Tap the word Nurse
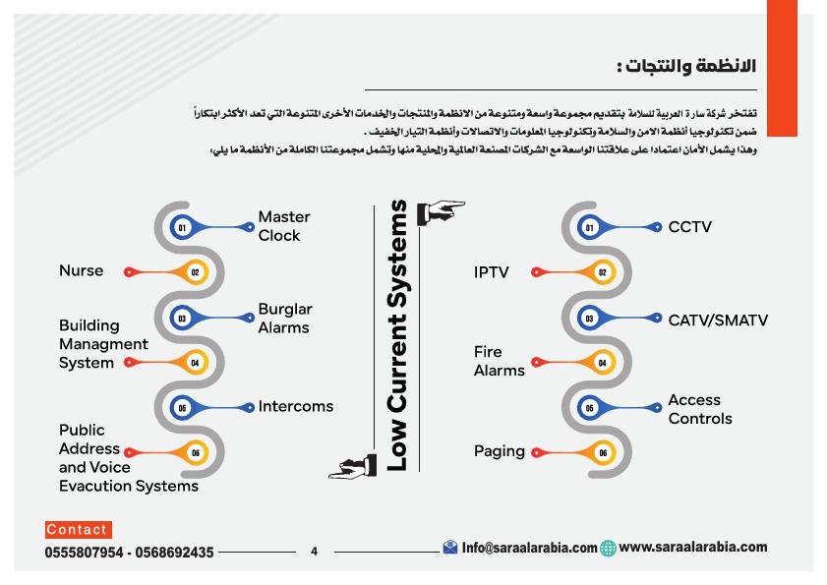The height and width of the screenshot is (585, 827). click(81, 271)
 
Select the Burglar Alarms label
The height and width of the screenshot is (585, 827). click(284, 319)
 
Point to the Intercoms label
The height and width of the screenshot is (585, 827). click(296, 406)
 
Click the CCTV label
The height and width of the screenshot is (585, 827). click(689, 227)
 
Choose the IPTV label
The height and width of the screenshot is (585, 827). click(491, 272)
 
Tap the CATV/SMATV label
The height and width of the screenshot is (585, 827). click(718, 320)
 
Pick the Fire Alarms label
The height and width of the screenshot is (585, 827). click(499, 361)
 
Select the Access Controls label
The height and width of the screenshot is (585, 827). click(700, 409)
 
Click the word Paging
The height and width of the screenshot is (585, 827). click(499, 451)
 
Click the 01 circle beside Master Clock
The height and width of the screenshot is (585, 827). click(182, 227)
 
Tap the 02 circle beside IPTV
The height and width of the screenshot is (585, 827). click(602, 272)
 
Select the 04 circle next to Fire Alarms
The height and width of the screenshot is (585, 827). click(602, 363)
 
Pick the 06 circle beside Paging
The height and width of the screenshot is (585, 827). click(602, 453)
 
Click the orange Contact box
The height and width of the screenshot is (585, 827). click(78, 530)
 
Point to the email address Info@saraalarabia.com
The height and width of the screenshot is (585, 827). click(529, 548)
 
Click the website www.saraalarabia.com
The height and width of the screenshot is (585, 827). click(693, 547)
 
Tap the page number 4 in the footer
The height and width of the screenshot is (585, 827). click(314, 552)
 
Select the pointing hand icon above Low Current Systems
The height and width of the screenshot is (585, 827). click(441, 210)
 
